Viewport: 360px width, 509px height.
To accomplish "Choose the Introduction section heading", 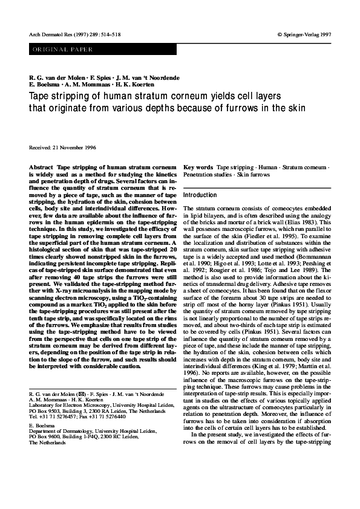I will (x=200, y=196).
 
